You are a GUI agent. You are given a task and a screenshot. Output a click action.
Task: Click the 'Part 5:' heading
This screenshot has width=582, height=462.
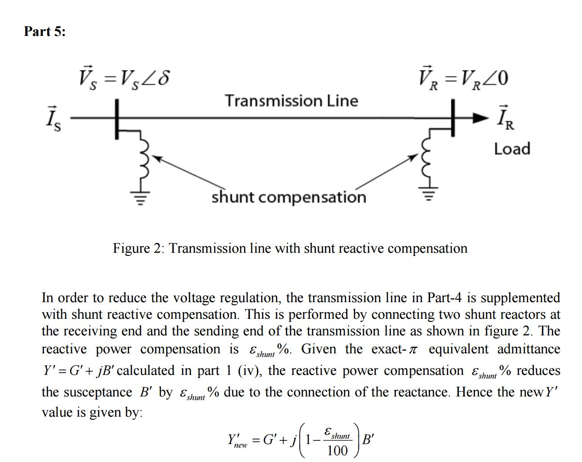44,31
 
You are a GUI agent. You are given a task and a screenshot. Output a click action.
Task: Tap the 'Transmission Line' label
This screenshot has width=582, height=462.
291,101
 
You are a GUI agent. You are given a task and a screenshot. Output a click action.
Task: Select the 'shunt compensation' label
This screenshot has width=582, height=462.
289,197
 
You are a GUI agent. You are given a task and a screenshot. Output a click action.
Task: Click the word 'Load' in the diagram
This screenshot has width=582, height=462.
512,149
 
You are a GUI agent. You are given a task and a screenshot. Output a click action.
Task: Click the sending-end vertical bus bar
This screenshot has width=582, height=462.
117,119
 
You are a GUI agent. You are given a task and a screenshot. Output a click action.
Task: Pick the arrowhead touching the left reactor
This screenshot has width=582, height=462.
157,158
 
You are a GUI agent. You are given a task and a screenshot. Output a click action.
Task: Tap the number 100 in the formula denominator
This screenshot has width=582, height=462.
337,450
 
